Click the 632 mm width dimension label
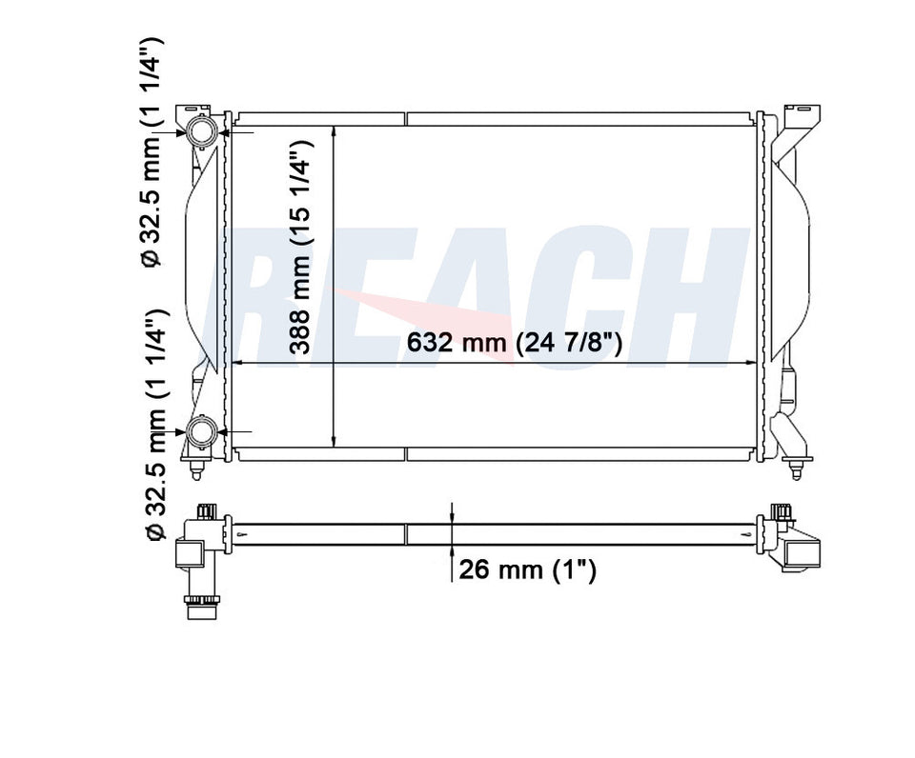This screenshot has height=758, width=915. coord(515,343)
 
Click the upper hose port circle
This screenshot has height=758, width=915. coord(203,131)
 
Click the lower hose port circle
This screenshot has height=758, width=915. coord(203,433)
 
